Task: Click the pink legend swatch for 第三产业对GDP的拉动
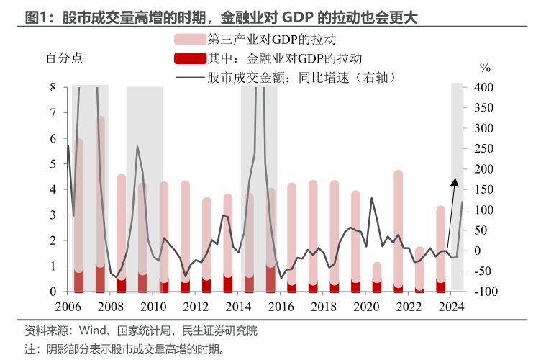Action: pos(189,40)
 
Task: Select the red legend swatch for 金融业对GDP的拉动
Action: pos(189,58)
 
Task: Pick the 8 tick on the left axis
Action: pos(53,88)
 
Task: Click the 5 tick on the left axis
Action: pos(53,164)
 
